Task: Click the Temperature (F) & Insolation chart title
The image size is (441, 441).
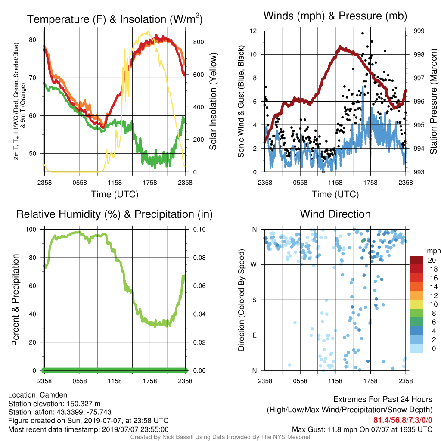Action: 115,19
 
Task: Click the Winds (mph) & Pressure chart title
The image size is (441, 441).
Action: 335,16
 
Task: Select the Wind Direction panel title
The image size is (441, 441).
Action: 335,214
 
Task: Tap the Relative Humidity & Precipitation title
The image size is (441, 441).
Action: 115,214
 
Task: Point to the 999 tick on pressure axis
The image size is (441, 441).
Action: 419,31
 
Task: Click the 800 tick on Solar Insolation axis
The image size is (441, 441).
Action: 198,42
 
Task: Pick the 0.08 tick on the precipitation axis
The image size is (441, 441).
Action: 199,258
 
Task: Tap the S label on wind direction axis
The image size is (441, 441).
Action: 254,300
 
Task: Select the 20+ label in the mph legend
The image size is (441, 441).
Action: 434,261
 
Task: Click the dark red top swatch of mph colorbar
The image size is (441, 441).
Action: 417,260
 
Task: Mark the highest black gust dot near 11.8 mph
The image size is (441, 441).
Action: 363,33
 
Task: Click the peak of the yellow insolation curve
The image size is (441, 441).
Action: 148,32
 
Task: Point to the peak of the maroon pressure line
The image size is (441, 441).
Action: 340,47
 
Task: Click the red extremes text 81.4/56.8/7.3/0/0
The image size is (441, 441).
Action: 403,420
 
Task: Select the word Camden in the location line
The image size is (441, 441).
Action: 53,395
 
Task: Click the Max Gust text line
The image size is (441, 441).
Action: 362,429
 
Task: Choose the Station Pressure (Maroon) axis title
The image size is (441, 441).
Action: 433,101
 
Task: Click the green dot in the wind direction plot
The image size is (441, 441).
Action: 363,241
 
